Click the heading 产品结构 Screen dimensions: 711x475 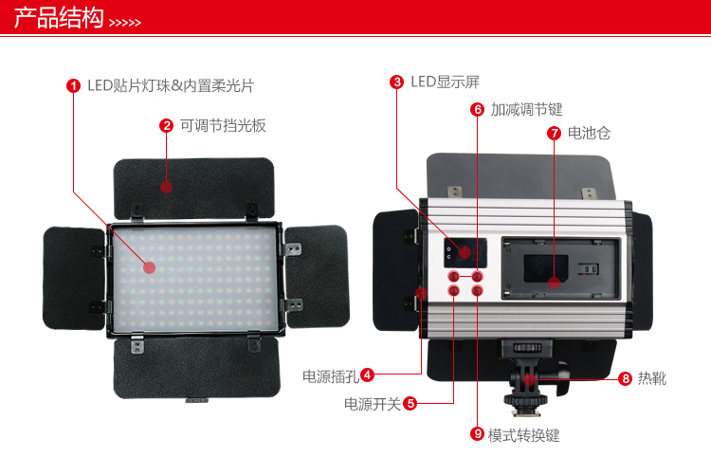[x=59, y=18]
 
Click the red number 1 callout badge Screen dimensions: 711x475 [x=73, y=85]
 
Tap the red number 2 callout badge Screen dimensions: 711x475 [x=167, y=126]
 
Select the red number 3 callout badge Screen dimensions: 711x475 [x=397, y=82]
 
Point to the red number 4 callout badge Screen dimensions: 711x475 [x=367, y=375]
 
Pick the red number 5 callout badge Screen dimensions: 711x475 [x=410, y=403]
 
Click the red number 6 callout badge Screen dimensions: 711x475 [x=477, y=109]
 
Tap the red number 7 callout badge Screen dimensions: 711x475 [x=554, y=133]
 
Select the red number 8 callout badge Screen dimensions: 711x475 [x=626, y=378]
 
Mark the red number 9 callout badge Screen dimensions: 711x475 [x=477, y=434]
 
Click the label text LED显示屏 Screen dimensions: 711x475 [x=445, y=82]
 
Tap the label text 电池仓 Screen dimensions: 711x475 [x=589, y=133]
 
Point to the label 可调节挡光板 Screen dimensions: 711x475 [x=223, y=126]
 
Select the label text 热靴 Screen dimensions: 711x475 [x=652, y=378]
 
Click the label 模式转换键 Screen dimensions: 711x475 [x=523, y=435]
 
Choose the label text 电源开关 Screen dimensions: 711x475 [x=373, y=404]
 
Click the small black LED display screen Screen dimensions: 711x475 [x=465, y=253]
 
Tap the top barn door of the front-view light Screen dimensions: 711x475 [x=194, y=187]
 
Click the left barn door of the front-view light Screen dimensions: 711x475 [x=74, y=278]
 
